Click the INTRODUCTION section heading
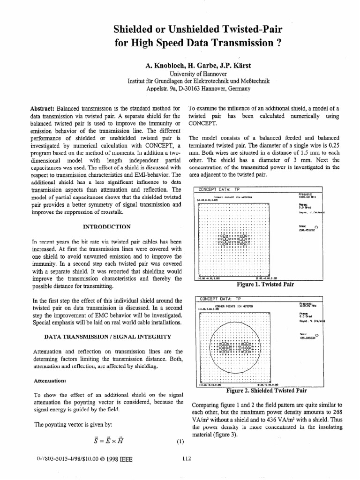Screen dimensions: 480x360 click(x=107, y=227)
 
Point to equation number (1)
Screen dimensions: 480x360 click(x=180, y=441)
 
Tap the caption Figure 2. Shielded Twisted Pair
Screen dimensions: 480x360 click(x=266, y=390)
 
